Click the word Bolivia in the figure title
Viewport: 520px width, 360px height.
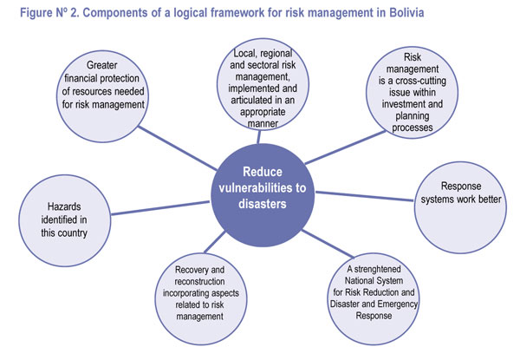coord(406,13)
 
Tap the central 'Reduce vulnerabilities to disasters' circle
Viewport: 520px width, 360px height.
coord(262,196)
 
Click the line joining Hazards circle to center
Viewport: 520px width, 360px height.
coord(160,208)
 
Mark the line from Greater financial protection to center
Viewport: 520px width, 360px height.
coord(178,148)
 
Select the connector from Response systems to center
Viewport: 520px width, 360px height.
coord(364,196)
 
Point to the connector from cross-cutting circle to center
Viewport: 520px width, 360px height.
coord(345,147)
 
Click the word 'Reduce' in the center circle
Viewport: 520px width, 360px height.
coord(263,172)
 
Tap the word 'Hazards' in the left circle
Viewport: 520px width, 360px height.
coord(64,206)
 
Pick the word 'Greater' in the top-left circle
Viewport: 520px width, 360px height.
coord(101,65)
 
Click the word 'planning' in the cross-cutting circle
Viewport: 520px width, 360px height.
coord(413,116)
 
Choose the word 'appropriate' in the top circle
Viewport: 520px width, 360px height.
coord(263,112)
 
